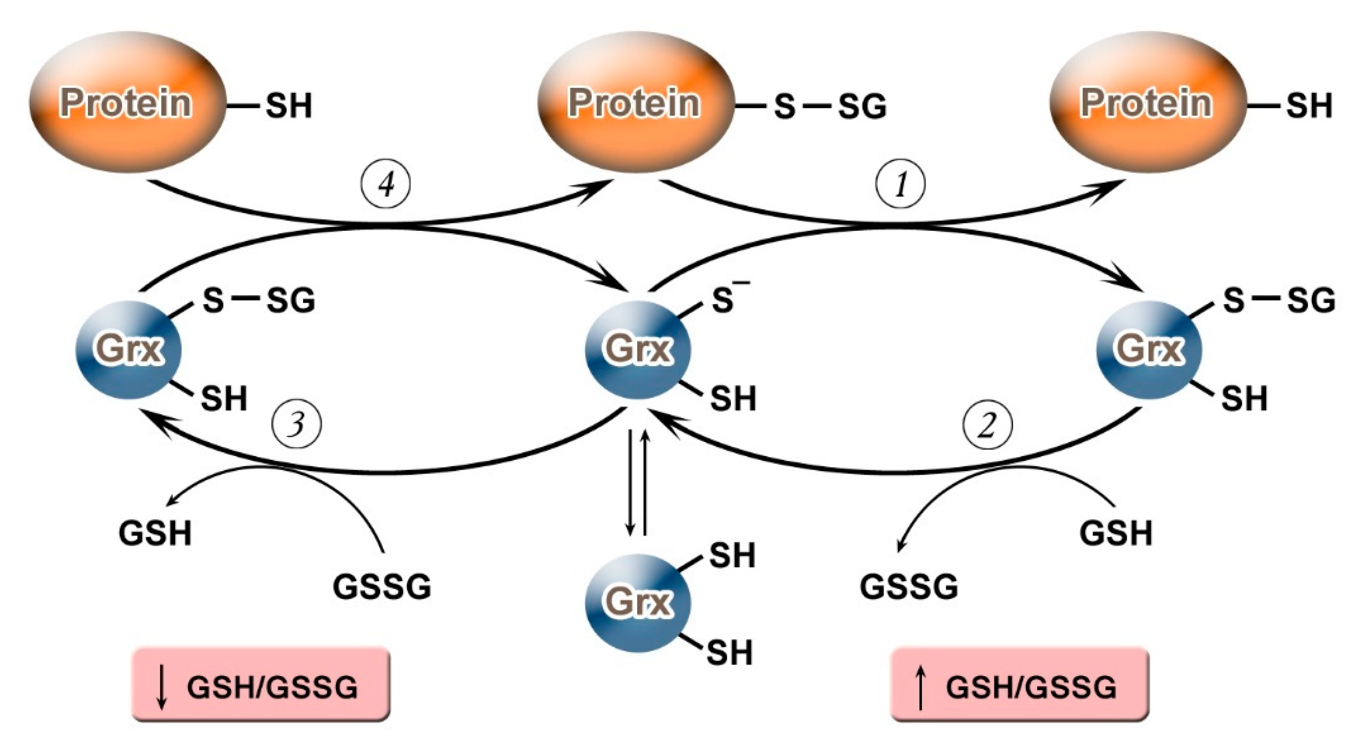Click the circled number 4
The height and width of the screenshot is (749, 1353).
(x=385, y=184)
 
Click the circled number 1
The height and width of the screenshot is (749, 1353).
(x=900, y=184)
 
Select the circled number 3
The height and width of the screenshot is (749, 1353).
(x=297, y=424)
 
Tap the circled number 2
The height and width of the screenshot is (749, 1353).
(x=987, y=424)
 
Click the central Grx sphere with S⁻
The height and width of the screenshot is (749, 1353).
(x=637, y=349)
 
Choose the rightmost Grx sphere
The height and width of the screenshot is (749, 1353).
(x=1149, y=349)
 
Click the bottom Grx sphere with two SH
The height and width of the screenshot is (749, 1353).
(x=637, y=602)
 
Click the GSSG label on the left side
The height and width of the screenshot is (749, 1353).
(x=382, y=587)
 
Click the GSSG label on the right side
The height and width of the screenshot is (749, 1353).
(x=908, y=587)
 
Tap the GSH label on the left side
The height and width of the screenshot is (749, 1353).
(x=155, y=533)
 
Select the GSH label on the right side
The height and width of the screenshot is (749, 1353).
(x=1116, y=533)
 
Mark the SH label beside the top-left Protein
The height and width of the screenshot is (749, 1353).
(x=289, y=106)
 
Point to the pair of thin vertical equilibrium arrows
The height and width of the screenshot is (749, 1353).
(x=637, y=482)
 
